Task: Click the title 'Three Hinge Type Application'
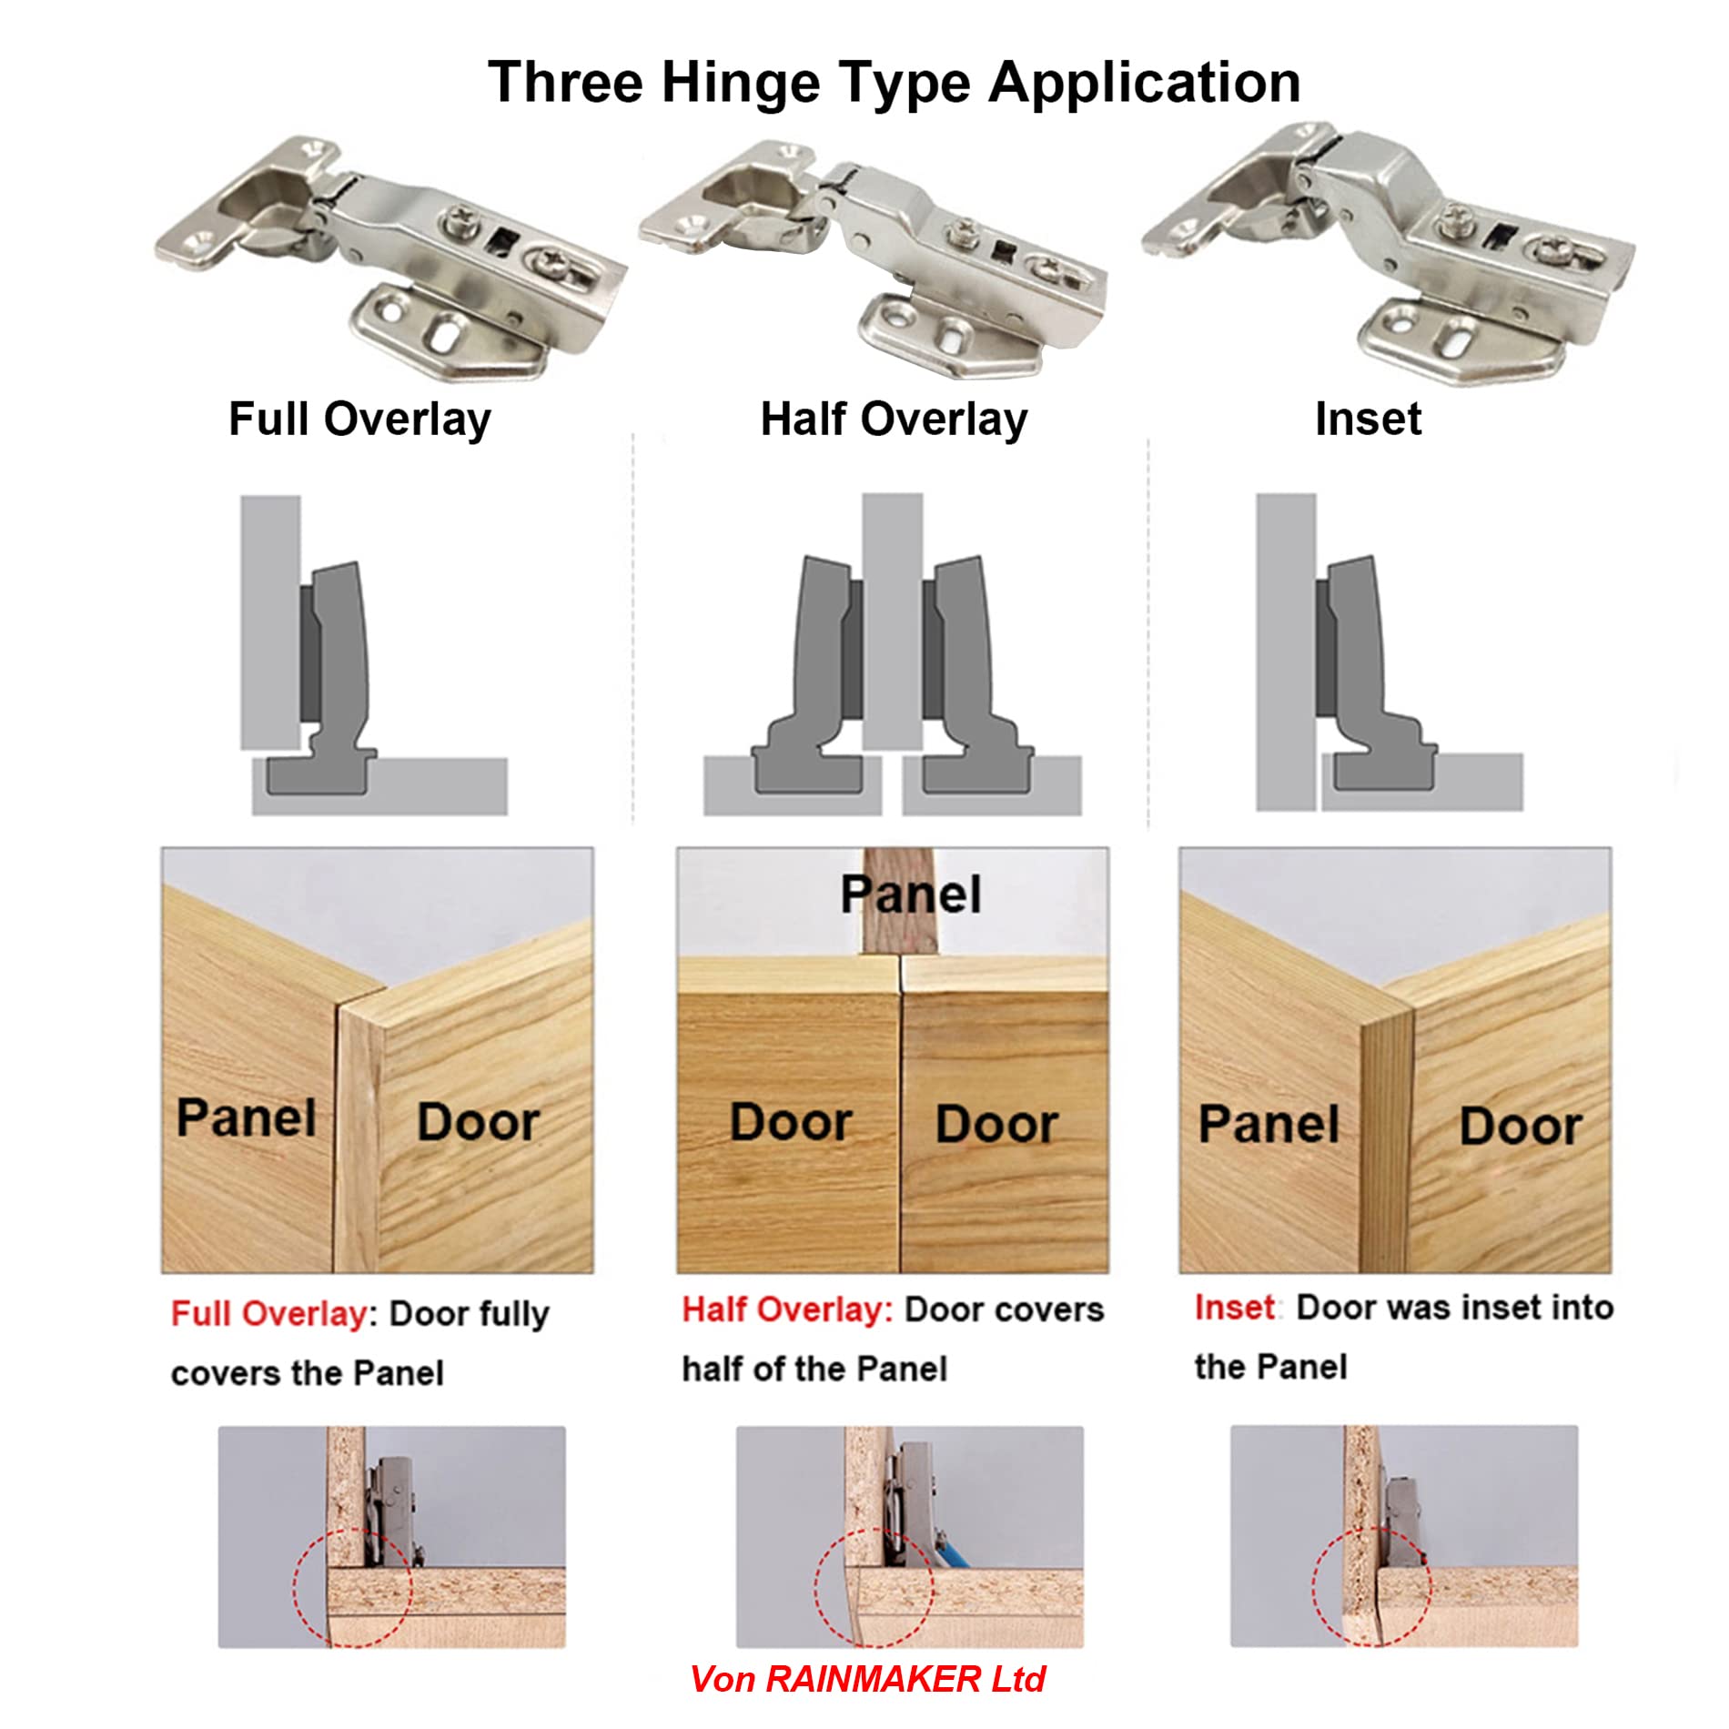pos(894,82)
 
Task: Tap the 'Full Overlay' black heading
pos(359,420)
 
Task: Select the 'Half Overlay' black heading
pos(894,420)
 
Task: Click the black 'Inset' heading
pos(1368,420)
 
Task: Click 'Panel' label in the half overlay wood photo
pos(910,895)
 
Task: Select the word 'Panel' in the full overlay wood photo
pos(246,1117)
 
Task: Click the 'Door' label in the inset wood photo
pos(1521,1127)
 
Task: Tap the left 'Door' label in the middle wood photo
pos(791,1122)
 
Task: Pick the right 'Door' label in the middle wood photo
pos(996,1124)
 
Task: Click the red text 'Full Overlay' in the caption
pos(269,1313)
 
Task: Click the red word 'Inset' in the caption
pos(1234,1307)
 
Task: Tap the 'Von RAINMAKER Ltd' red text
pos(867,1679)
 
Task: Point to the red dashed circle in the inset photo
pos(1371,1586)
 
